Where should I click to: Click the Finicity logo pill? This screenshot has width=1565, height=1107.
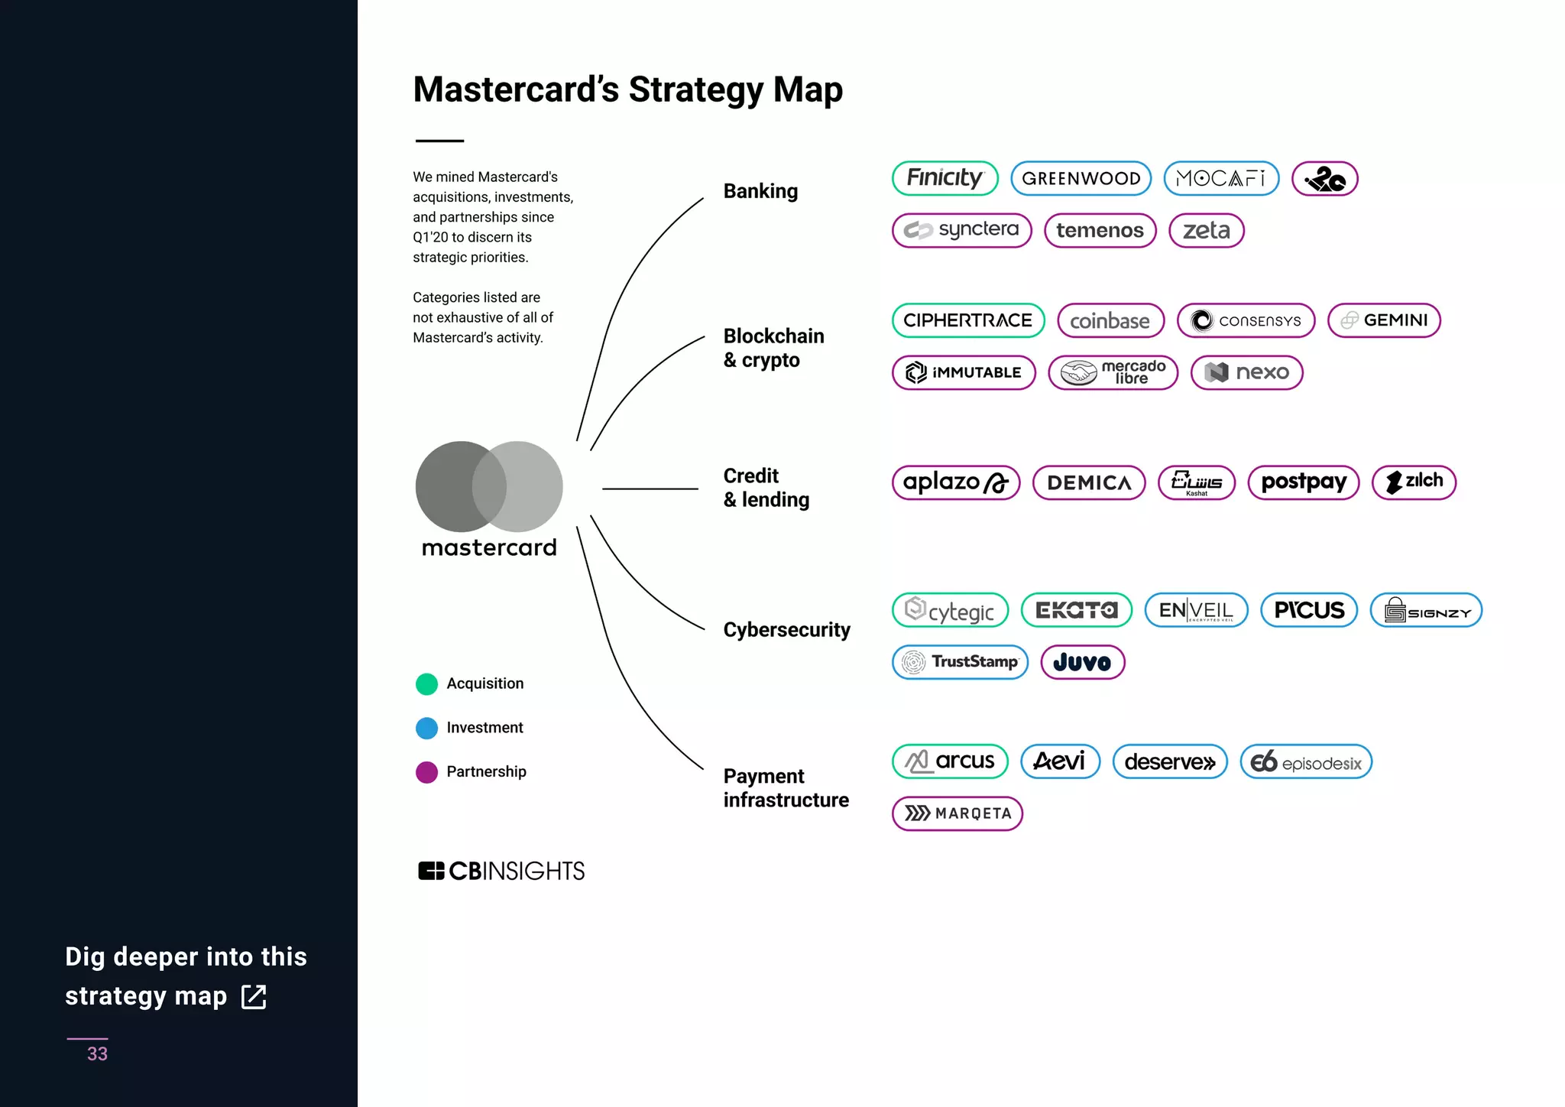(x=945, y=178)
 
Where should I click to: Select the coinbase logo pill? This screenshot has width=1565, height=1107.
(x=1110, y=321)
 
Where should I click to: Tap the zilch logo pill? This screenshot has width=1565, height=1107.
(x=1414, y=482)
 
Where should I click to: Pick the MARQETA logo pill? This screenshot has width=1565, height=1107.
(x=957, y=813)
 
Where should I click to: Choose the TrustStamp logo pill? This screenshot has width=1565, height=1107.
(x=960, y=662)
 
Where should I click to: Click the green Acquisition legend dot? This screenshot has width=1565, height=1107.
(x=426, y=683)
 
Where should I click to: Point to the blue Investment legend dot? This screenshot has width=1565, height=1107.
(x=426, y=728)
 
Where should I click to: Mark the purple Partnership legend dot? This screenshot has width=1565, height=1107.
(x=426, y=772)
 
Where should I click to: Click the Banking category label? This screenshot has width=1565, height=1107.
(x=760, y=191)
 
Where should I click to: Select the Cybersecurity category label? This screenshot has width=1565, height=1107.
(x=786, y=630)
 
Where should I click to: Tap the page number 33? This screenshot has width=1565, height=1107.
(x=97, y=1053)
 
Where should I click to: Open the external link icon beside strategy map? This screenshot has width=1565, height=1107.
(x=254, y=997)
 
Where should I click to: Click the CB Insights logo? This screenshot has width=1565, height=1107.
(x=501, y=871)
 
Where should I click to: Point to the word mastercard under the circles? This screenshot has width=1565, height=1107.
(x=489, y=548)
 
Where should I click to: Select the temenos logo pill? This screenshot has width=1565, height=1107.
(x=1100, y=231)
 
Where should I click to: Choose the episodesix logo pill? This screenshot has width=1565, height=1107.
(x=1306, y=762)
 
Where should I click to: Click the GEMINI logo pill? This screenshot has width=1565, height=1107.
(x=1384, y=320)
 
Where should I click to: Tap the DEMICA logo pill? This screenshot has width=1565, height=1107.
(x=1089, y=482)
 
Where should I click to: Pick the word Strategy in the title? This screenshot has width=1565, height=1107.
(x=695, y=90)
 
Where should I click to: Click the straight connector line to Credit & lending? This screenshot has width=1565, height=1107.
(x=650, y=489)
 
